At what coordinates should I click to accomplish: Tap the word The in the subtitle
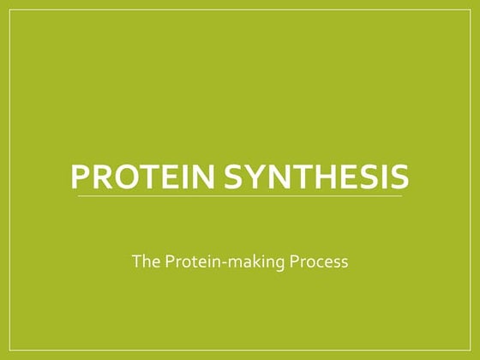143,261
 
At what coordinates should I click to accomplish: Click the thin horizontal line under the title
240,196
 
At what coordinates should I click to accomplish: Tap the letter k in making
255,261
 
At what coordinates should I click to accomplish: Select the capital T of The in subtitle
135,261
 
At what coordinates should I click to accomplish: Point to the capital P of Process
298,261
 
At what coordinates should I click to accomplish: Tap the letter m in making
237,262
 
